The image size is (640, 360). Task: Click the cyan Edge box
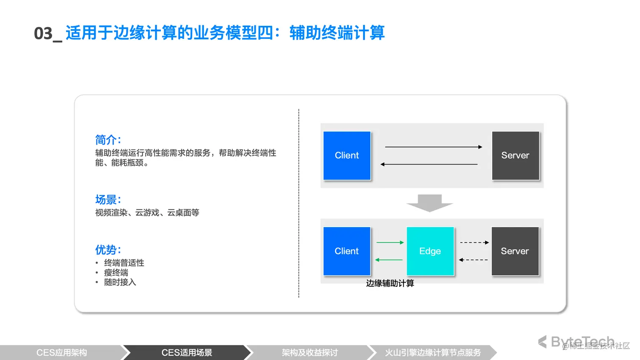(430, 251)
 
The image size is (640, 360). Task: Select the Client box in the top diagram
(347, 156)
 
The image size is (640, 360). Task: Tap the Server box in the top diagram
(516, 156)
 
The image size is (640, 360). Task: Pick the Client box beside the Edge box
(347, 251)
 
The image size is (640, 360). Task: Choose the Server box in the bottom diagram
(515, 251)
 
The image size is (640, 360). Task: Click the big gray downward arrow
(430, 203)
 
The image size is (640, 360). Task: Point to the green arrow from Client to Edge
(390, 242)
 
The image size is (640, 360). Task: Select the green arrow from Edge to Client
(389, 260)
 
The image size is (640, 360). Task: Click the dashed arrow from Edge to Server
(474, 242)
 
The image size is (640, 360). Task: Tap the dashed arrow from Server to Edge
(473, 260)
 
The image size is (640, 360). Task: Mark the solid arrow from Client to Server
(433, 147)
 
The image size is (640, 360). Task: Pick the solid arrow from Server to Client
(429, 164)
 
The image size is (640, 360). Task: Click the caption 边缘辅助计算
(390, 283)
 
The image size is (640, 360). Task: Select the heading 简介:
(108, 140)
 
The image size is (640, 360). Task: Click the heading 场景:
(108, 200)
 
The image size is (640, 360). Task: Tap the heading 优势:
(108, 250)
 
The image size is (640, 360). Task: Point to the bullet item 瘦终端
(116, 272)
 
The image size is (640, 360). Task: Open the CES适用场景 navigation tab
(187, 352)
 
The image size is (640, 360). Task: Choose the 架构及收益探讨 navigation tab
(310, 352)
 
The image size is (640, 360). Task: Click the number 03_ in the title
(48, 33)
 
